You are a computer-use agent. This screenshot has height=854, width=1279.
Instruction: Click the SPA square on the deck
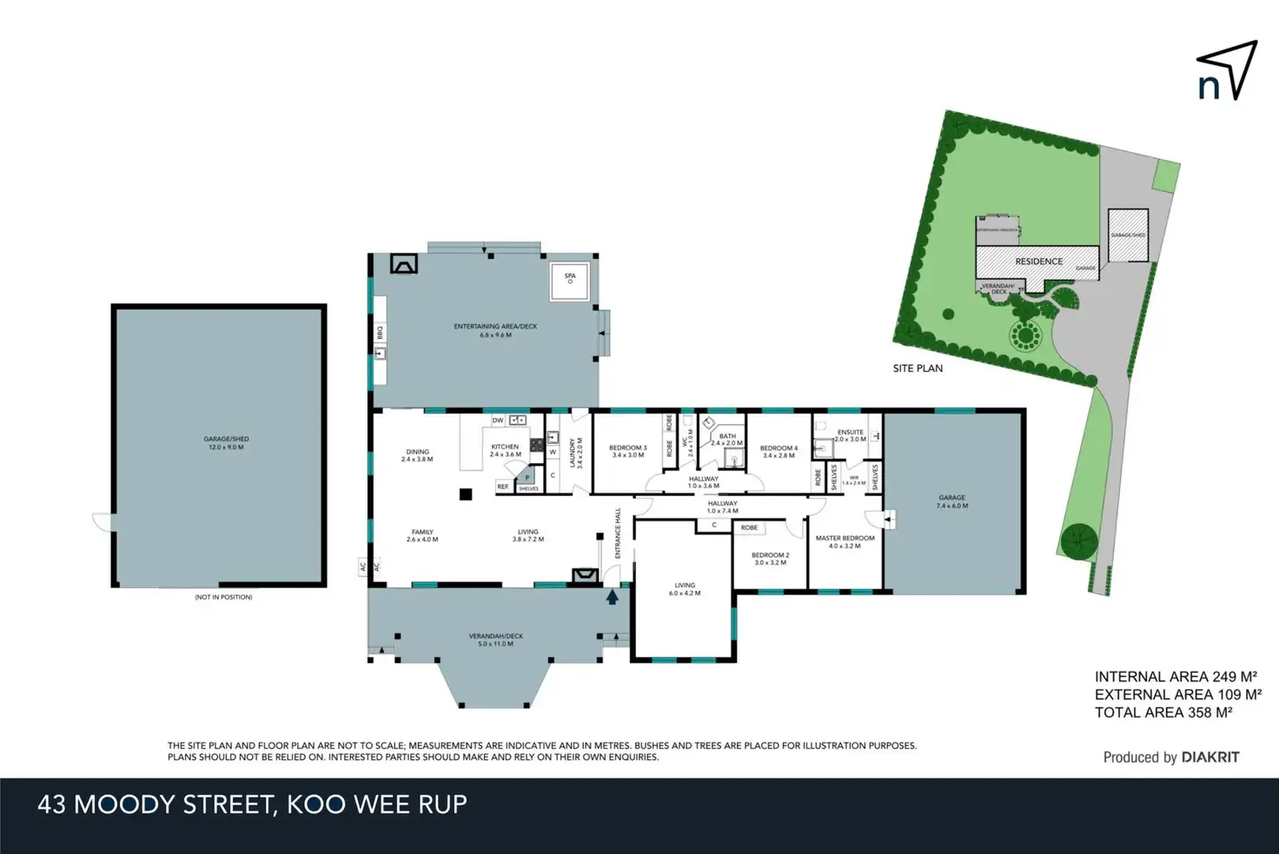pos(570,281)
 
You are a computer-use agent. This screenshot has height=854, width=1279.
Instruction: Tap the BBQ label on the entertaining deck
pos(380,332)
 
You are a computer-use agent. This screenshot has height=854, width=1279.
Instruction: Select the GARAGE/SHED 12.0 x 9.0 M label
pos(226,443)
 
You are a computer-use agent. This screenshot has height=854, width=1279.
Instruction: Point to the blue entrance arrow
pos(613,597)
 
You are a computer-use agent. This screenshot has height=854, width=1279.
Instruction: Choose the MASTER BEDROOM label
pos(845,542)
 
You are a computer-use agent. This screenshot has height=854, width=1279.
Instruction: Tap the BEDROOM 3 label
pos(627,451)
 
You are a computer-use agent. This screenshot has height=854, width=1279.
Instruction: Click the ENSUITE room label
pos(851,435)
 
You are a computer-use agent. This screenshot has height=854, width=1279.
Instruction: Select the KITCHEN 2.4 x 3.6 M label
pos(505,450)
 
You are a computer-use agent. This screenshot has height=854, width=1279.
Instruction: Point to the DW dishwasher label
pos(498,420)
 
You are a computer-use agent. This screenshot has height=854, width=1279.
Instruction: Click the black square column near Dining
pos(466,494)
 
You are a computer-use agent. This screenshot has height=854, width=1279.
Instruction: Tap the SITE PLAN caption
pos(918,368)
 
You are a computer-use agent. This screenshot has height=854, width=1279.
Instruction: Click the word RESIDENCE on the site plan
pos(1038,261)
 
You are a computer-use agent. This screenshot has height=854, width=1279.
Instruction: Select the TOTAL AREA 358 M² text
pos(1163,712)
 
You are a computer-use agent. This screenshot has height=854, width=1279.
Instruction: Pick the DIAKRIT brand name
pos(1209,757)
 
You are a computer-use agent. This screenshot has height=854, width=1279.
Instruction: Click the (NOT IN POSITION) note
pos(223,597)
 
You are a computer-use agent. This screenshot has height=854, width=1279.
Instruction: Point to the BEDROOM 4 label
pos(779,452)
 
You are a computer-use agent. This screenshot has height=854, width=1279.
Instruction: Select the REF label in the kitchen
pos(502,487)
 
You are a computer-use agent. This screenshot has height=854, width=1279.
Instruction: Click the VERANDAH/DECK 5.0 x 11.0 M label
pos(495,639)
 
